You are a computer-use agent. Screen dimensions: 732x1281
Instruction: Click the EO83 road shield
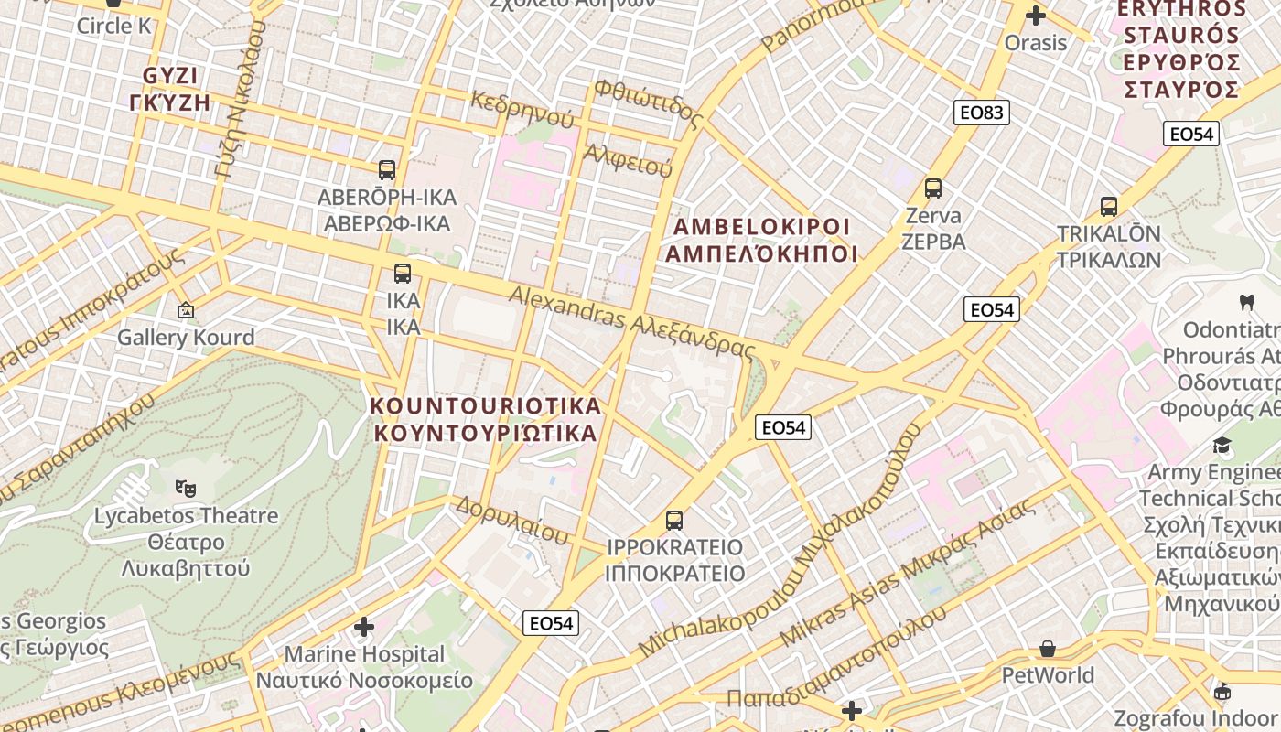point(983,113)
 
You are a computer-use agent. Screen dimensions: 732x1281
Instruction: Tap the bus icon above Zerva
point(933,188)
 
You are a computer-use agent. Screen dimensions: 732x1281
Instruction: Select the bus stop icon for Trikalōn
point(1109,206)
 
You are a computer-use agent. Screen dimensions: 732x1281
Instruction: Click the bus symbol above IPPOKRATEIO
point(674,521)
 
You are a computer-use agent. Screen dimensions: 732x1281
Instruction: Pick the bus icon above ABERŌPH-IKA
point(387,169)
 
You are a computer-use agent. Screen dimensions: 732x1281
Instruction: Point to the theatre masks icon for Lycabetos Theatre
point(186,488)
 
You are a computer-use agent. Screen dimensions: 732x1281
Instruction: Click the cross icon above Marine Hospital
point(364,627)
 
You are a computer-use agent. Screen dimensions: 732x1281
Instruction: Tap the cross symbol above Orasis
point(1036,16)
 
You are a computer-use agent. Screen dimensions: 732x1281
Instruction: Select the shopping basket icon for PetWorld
point(1048,649)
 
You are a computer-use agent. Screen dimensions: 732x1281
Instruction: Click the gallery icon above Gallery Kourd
point(186,310)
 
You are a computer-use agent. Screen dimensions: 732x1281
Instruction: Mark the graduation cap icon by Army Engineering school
point(1222,446)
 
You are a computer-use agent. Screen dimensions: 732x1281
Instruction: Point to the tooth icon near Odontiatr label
point(1245,301)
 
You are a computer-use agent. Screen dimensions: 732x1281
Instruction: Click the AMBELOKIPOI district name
point(761,240)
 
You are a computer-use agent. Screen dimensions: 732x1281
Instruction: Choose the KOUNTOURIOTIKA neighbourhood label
point(486,419)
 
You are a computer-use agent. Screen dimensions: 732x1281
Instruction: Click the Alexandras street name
point(631,322)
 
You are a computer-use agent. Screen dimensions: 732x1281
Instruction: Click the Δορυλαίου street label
point(511,520)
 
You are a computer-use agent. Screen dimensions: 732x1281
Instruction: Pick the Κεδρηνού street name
point(522,110)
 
